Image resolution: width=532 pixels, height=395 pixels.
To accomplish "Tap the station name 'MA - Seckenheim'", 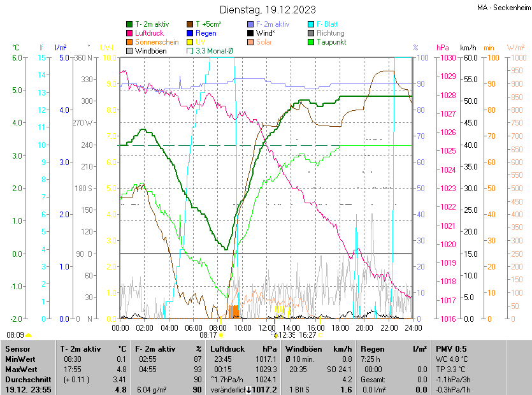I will pyautogui.click(x=503, y=7).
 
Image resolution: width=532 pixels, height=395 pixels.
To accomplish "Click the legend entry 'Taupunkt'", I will pyautogui.click(x=331, y=41).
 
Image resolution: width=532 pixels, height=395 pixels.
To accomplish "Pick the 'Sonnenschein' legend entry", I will pyautogui.click(x=157, y=41).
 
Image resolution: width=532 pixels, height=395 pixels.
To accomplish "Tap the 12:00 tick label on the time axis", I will pyautogui.click(x=267, y=328).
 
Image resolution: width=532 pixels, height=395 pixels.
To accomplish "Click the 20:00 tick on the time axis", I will pyautogui.click(x=364, y=328).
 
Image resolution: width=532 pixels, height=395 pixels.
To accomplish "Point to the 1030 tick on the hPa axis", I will pyautogui.click(x=447, y=57).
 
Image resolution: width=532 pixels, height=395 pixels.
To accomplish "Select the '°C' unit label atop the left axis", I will pyautogui.click(x=16, y=48).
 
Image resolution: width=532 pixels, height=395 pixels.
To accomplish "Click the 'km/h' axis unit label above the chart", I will pyautogui.click(x=468, y=48).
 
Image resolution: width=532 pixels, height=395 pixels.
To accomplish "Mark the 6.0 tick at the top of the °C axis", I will pyautogui.click(x=17, y=57).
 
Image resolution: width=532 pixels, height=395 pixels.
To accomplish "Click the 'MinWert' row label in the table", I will pyautogui.click(x=20, y=359).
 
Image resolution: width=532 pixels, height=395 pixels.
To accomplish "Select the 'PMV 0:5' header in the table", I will pyautogui.click(x=451, y=349).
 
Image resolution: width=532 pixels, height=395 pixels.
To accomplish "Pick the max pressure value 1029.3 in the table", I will pyautogui.click(x=265, y=370).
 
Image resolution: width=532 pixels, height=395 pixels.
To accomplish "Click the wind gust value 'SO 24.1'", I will pyautogui.click(x=340, y=370).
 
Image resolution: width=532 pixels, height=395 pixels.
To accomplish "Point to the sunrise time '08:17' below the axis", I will pyautogui.click(x=209, y=334).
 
